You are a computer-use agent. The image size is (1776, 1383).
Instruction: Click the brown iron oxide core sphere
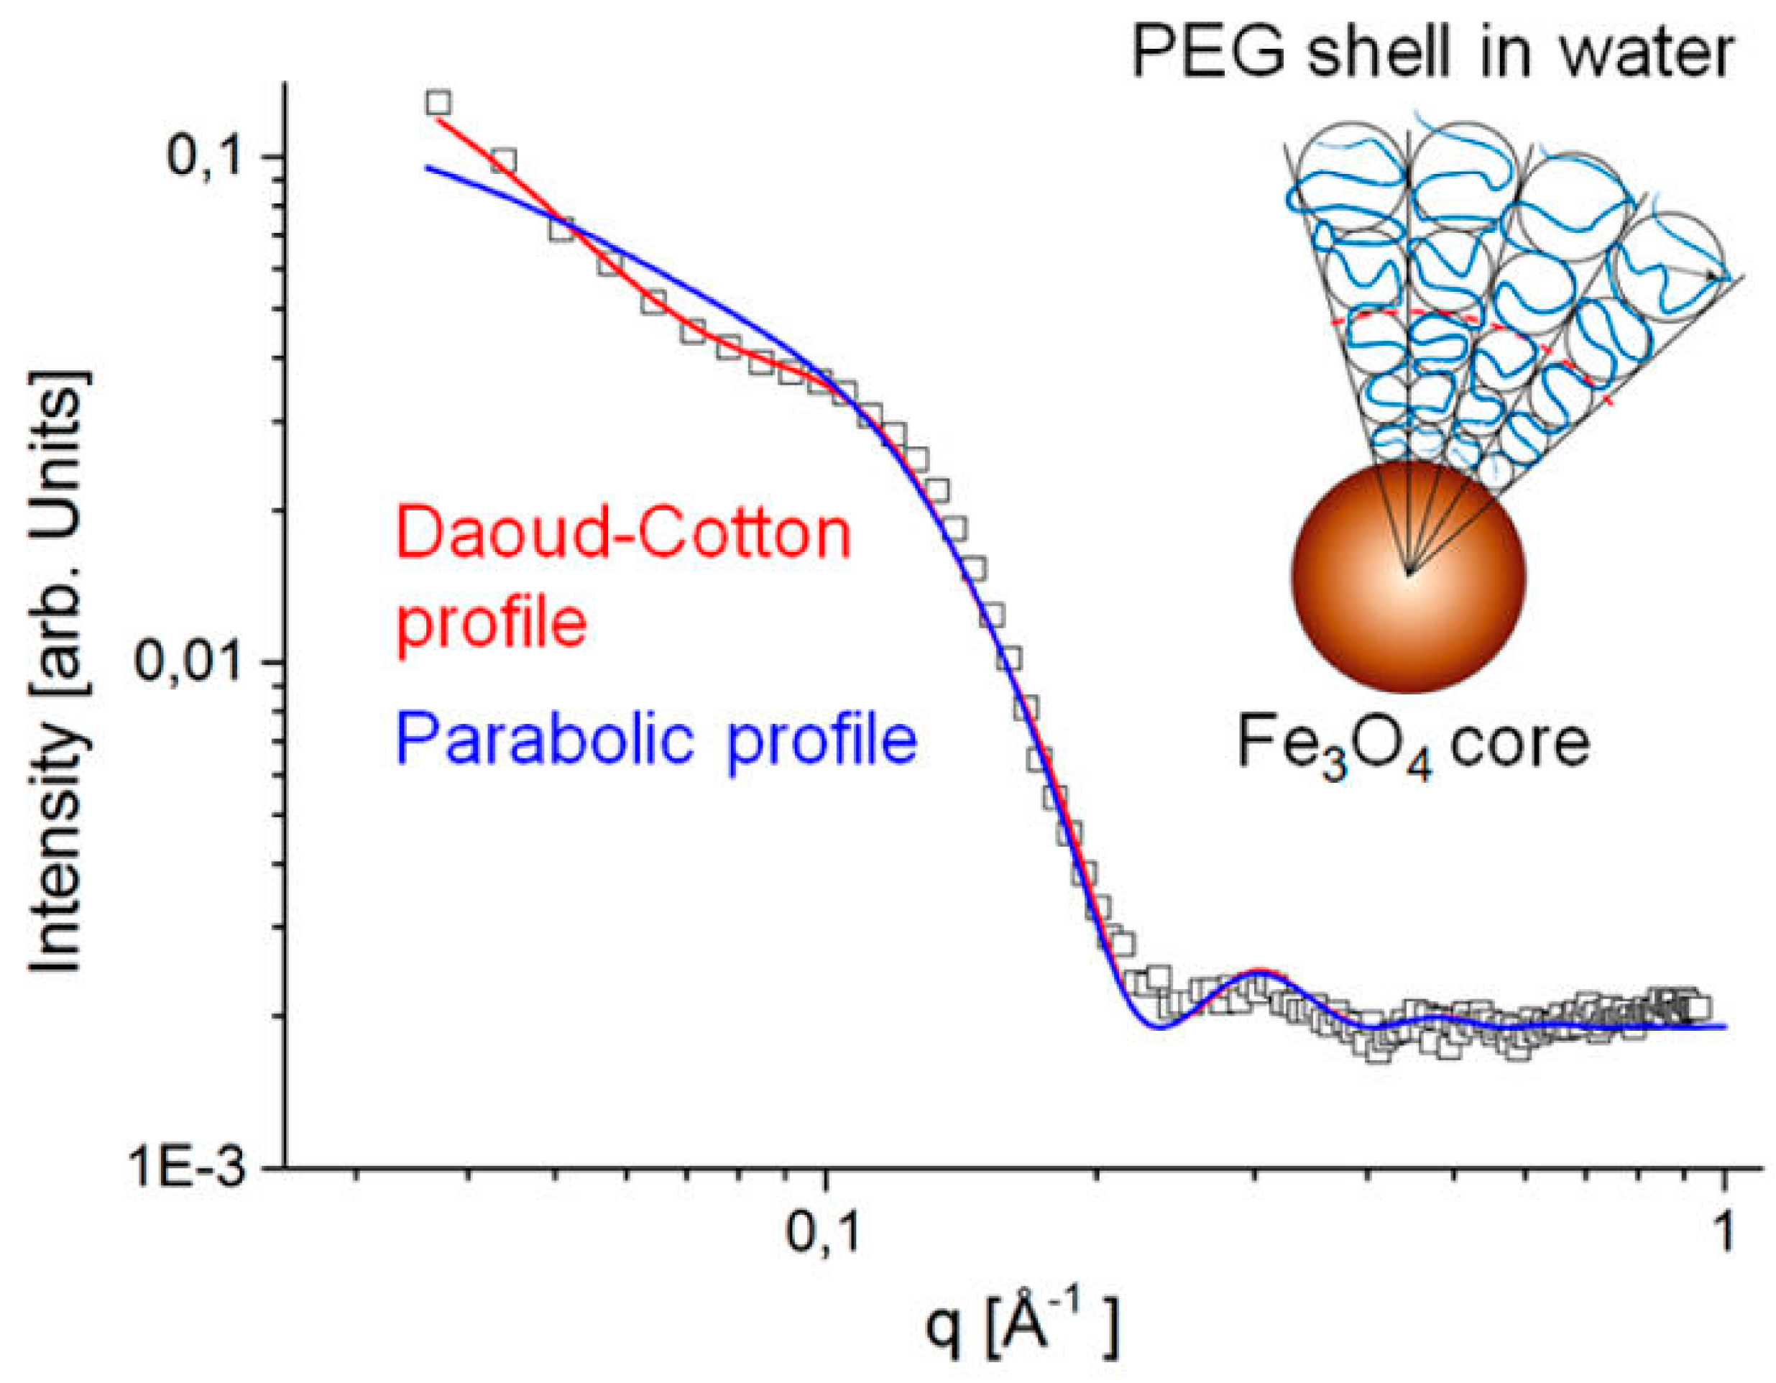(1409, 576)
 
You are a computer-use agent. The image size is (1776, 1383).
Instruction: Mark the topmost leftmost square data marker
(438, 103)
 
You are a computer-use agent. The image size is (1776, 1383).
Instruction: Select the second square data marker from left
(503, 161)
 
